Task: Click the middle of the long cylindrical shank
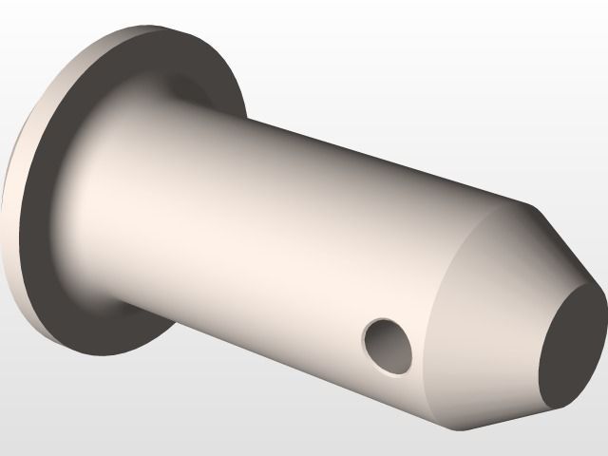(285, 228)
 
